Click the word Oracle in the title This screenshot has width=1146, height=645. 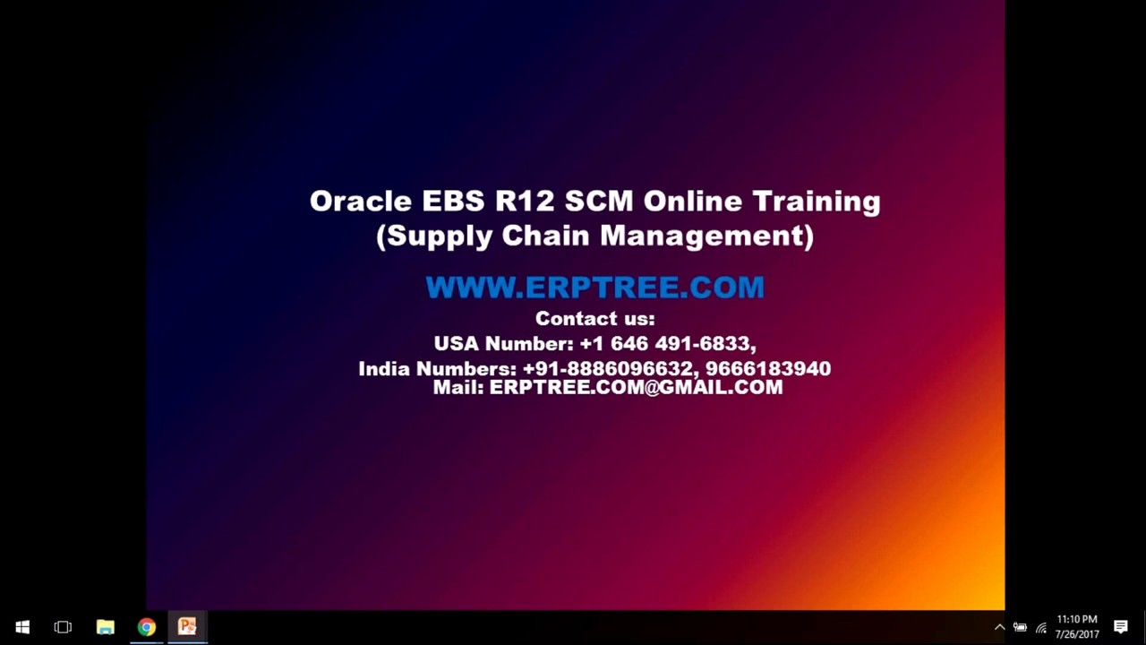pos(359,201)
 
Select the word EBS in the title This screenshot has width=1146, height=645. pos(453,201)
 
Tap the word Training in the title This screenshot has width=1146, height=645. pos(816,202)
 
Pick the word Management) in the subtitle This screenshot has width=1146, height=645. pos(706,236)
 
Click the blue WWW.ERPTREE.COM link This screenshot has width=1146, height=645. pos(594,288)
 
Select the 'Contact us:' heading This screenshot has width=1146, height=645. pos(594,319)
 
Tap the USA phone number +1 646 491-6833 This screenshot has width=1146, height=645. pos(666,344)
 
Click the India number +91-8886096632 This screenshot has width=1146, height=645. pos(608,369)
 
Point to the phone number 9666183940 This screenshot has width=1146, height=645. pos(768,369)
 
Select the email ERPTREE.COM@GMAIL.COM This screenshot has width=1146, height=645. pos(636,387)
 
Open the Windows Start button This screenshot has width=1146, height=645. pos(22,627)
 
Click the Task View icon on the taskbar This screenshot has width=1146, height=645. pos(63,627)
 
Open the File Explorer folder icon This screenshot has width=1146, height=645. pos(106,627)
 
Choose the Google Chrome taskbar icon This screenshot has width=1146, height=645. pos(147,627)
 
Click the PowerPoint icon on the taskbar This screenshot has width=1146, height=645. pos(187,627)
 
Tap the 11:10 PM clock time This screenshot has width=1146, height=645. pos(1076,620)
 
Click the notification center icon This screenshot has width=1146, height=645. pos(1120,627)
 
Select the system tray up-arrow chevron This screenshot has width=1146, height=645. pos(999,627)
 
